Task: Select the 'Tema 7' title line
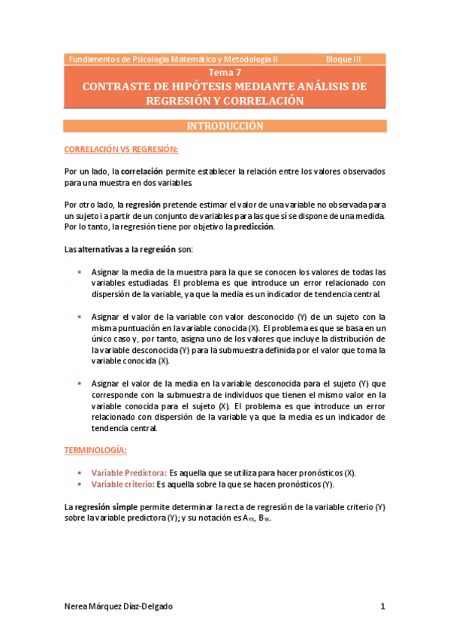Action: (x=225, y=73)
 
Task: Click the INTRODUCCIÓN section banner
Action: (x=225, y=126)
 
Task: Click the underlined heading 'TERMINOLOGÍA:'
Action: (x=95, y=450)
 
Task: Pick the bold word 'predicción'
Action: (x=254, y=226)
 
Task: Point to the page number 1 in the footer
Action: (x=382, y=606)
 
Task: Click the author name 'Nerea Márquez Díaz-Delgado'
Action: (x=122, y=606)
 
